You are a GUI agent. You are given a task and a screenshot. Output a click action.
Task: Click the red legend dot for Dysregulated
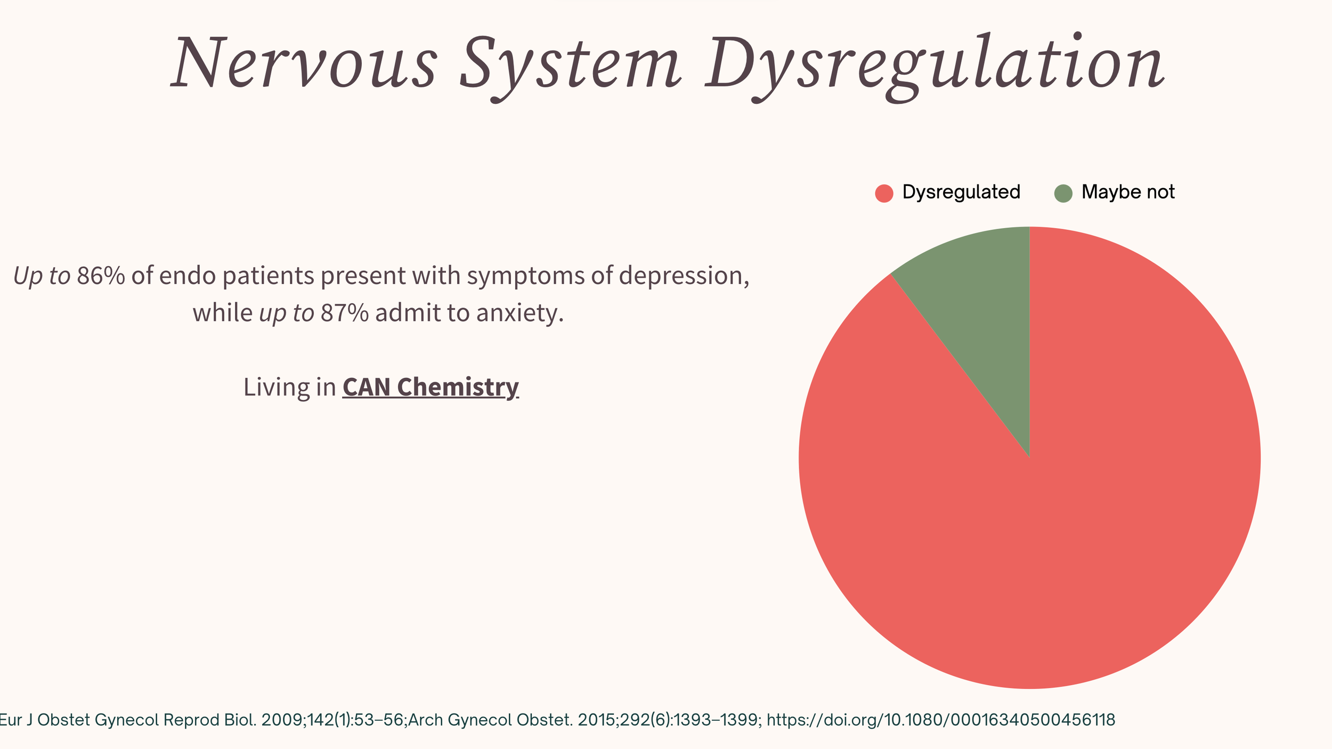pyautogui.click(x=884, y=193)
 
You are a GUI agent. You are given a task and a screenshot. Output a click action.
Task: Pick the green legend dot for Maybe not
pyautogui.click(x=1063, y=193)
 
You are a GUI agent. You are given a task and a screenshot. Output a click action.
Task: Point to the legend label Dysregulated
pyautogui.click(x=961, y=192)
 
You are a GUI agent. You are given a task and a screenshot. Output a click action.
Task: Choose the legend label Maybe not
pyautogui.click(x=1128, y=192)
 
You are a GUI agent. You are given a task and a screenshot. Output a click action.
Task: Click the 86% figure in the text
pyautogui.click(x=101, y=276)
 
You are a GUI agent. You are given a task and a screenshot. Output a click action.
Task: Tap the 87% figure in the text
pyautogui.click(x=344, y=313)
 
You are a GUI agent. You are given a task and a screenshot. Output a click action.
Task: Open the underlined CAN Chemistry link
pyautogui.click(x=430, y=387)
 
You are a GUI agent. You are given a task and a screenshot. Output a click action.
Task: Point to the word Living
pyautogui.click(x=276, y=387)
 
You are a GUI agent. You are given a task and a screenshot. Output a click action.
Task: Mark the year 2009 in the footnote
pyautogui.click(x=282, y=720)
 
